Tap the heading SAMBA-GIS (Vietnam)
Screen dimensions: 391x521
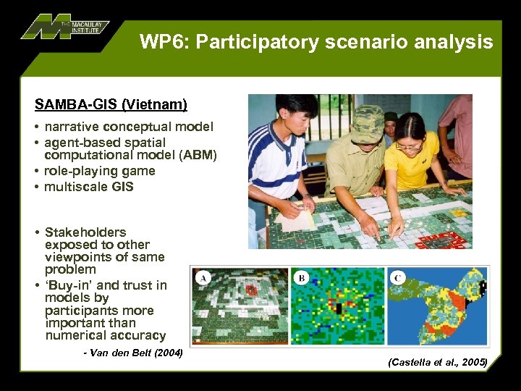(x=111, y=105)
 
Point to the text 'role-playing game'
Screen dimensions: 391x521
(x=100, y=171)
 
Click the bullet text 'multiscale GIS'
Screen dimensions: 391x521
(x=89, y=187)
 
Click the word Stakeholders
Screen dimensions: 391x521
(x=85, y=232)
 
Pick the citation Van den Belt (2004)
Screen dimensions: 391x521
(x=133, y=353)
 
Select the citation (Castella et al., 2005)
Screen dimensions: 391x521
(x=438, y=361)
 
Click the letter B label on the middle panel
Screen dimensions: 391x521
(x=301, y=278)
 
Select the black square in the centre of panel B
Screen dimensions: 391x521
(x=338, y=308)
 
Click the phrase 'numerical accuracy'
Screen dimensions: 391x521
(x=106, y=335)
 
